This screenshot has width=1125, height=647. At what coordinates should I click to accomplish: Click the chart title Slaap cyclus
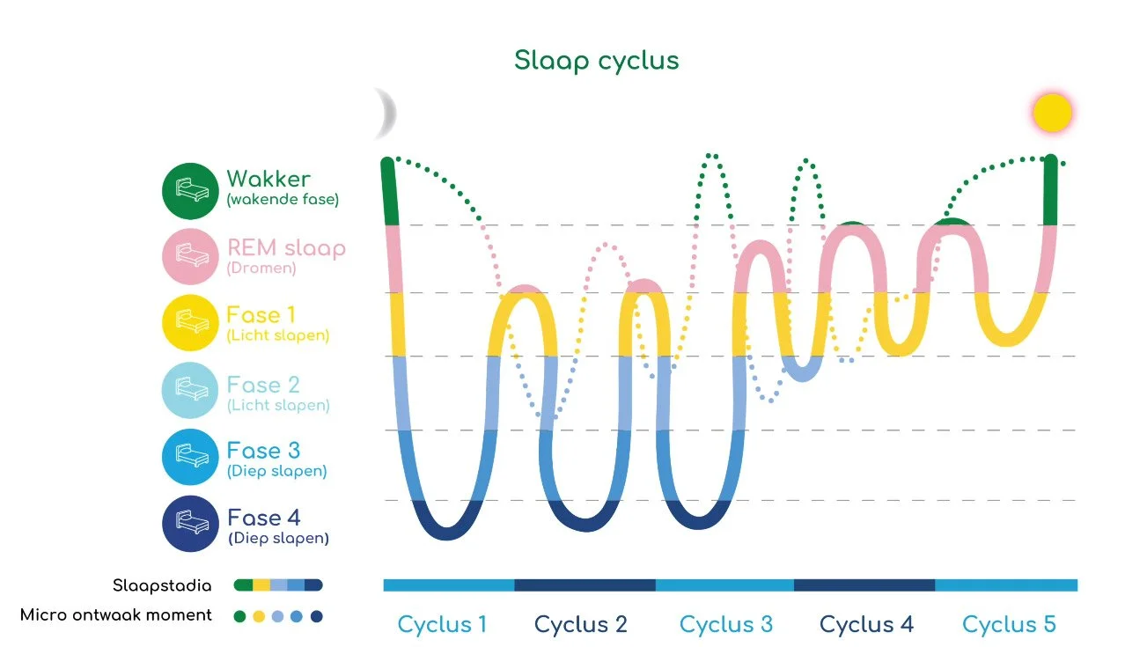(596, 61)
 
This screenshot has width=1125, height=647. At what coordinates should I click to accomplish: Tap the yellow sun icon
(1052, 114)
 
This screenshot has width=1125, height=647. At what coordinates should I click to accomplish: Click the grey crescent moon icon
(386, 113)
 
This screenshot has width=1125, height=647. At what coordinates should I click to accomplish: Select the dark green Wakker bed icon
(189, 189)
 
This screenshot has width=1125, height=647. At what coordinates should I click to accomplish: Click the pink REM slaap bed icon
(189, 256)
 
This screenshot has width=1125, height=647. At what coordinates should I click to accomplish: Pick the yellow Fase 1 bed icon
(189, 323)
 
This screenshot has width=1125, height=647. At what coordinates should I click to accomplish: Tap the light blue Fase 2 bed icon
(189, 390)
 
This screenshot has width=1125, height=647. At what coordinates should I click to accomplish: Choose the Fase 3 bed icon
(189, 457)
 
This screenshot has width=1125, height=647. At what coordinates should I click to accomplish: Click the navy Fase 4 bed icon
(189, 524)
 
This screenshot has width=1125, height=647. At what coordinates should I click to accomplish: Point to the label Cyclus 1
(442, 625)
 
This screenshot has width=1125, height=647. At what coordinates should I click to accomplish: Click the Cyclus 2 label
(581, 625)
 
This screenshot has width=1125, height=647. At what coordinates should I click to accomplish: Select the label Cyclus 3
(725, 625)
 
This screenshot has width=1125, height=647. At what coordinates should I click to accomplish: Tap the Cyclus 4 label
(866, 625)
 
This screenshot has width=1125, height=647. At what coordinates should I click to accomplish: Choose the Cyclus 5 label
(1009, 625)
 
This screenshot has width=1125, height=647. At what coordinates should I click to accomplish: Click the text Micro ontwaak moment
(116, 615)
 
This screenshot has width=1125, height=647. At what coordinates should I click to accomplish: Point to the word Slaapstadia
(162, 585)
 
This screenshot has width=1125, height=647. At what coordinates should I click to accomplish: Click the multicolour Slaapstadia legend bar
(278, 585)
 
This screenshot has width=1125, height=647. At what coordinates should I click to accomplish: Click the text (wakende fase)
(283, 200)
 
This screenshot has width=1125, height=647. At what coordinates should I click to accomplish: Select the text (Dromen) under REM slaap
(261, 268)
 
